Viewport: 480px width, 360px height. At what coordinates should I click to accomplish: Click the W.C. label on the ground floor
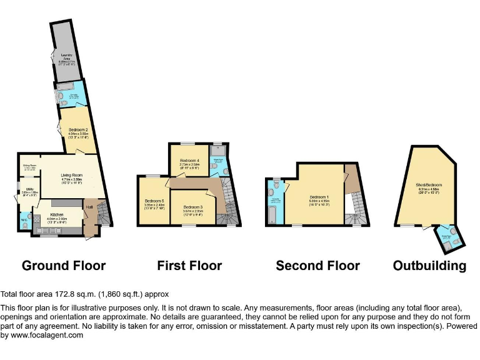click(x=23, y=219)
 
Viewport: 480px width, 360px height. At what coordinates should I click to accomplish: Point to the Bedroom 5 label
click(x=154, y=201)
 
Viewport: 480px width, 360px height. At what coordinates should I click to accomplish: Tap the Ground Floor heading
click(x=64, y=266)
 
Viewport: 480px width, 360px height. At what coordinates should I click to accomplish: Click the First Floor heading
click(x=189, y=266)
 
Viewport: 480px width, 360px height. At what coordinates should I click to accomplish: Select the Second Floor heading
click(x=317, y=266)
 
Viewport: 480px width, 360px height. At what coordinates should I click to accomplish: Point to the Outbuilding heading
click(x=429, y=266)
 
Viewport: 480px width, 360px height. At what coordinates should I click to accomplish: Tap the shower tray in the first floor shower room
click(x=219, y=150)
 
